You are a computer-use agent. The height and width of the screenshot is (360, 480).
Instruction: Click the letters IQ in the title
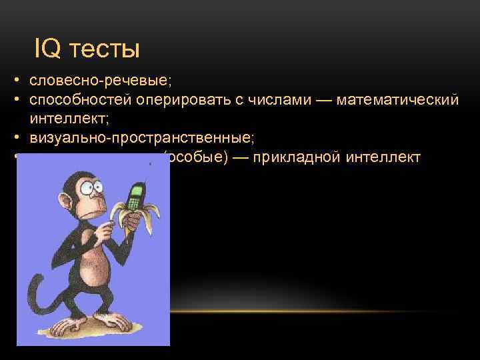[45, 49]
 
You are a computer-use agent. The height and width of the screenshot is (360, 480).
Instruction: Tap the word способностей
[80, 100]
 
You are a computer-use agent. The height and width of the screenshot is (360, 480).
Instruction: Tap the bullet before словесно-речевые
[14, 81]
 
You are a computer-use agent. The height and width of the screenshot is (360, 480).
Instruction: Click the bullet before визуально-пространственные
[14, 139]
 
